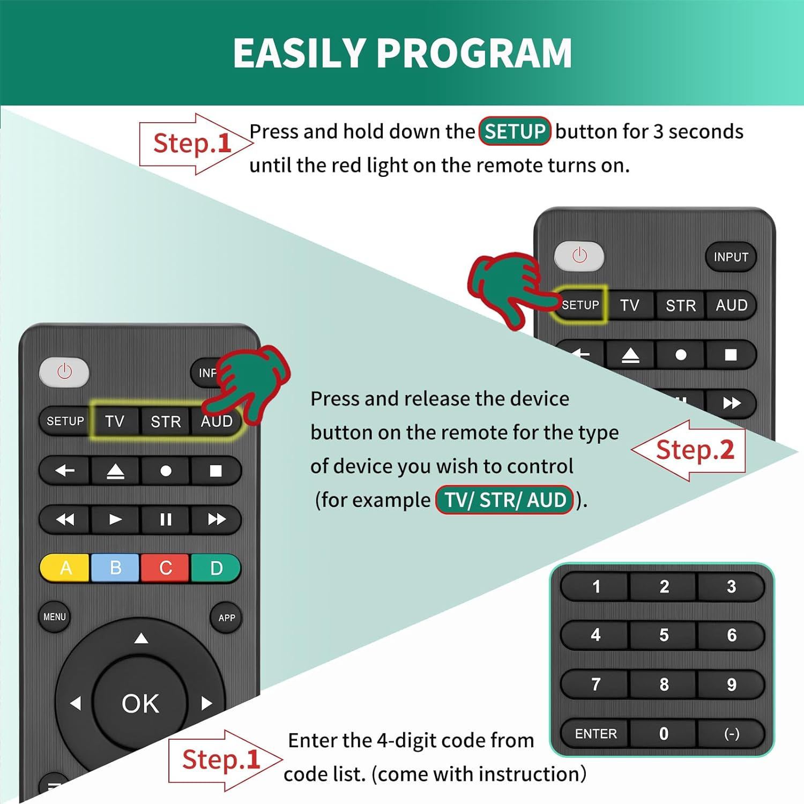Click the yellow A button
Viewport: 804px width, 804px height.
pyautogui.click(x=65, y=568)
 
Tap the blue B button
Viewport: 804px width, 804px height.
pyautogui.click(x=115, y=568)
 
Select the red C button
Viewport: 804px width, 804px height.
pyautogui.click(x=165, y=568)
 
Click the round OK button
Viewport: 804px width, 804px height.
pyautogui.click(x=140, y=703)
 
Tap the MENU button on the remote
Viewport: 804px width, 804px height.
pyautogui.click(x=55, y=617)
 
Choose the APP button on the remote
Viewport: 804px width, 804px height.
pyautogui.click(x=226, y=618)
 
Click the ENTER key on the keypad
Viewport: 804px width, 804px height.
pyautogui.click(x=595, y=734)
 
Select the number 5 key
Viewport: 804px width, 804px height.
pyautogui.click(x=664, y=635)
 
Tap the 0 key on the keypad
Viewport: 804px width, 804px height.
pyautogui.click(x=664, y=734)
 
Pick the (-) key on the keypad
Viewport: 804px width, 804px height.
pyautogui.click(x=731, y=734)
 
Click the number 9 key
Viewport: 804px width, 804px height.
pyautogui.click(x=731, y=684)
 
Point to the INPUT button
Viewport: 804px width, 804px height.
pyautogui.click(x=731, y=257)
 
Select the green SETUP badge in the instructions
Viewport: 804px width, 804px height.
pyautogui.click(x=515, y=131)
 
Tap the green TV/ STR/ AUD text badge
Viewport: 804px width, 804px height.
pyautogui.click(x=505, y=500)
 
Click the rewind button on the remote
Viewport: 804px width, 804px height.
pyautogui.click(x=65, y=519)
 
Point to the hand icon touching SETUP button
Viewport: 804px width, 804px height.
pyautogui.click(x=507, y=289)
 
